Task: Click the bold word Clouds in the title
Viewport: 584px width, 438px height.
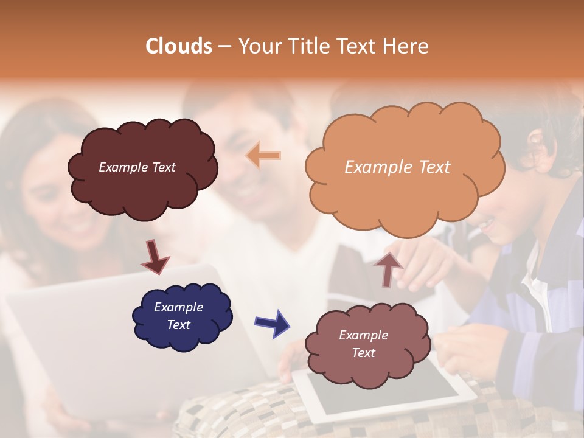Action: pyautogui.click(x=179, y=46)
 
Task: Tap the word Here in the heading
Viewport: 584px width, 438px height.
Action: pyautogui.click(x=406, y=46)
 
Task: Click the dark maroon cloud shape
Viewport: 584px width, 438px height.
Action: pyautogui.click(x=143, y=169)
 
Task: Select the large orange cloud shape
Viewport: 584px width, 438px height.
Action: pyautogui.click(x=405, y=167)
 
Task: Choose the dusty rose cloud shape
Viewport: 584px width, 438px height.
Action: pyautogui.click(x=365, y=344)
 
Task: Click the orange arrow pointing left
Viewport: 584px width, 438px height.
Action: pyautogui.click(x=263, y=156)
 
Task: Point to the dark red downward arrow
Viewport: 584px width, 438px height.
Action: pyautogui.click(x=155, y=257)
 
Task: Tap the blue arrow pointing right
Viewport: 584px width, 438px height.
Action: pyautogui.click(x=271, y=322)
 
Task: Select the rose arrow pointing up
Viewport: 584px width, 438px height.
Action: pyautogui.click(x=388, y=268)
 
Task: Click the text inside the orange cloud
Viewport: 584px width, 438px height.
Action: pyautogui.click(x=397, y=167)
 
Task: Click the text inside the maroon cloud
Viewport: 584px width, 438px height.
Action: pyautogui.click(x=137, y=167)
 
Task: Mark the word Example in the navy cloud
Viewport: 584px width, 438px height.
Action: pyautogui.click(x=178, y=307)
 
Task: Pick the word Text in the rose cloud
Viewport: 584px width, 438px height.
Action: pyautogui.click(x=363, y=353)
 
